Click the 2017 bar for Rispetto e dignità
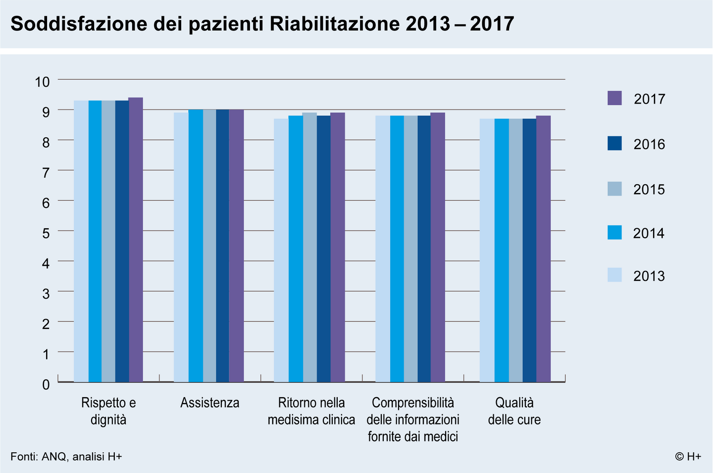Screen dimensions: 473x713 tap(136, 240)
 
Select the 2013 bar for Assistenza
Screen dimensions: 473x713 tap(181, 247)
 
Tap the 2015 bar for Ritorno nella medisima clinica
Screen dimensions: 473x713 tap(309, 247)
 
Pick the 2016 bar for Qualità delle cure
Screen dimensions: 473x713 tap(529, 250)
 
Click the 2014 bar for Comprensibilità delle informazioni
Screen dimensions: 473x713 tap(397, 249)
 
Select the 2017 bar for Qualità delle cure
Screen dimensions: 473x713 tap(543, 249)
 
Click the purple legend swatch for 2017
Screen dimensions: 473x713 tap(614, 98)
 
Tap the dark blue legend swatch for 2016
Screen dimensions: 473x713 tap(614, 144)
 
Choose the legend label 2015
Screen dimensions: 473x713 tap(649, 190)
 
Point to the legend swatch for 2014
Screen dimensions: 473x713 tap(614, 232)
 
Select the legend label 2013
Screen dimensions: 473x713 tap(649, 276)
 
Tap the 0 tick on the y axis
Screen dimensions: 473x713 tap(46, 384)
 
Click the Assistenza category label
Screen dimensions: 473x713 tap(209, 403)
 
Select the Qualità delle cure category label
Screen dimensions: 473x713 tap(514, 411)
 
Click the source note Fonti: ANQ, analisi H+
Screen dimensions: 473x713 tap(66, 457)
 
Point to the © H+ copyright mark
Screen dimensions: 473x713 tap(688, 457)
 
